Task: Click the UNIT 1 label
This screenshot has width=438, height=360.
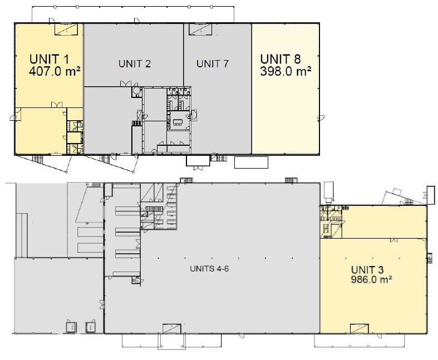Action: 49,59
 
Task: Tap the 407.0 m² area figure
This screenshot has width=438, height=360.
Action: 55,71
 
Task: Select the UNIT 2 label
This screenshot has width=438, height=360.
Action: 134,64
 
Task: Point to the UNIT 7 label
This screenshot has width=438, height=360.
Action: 212,64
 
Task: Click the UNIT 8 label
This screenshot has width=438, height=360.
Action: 280,59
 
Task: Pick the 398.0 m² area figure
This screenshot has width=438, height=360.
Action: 286,71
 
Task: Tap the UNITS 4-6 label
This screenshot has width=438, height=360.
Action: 209,269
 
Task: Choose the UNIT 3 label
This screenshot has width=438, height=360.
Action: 367,270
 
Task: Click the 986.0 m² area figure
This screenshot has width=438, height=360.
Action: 371,279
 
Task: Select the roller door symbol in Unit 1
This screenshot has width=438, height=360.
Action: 66,29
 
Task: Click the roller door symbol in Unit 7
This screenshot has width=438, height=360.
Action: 200,29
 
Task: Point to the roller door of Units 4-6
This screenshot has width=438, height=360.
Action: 171,329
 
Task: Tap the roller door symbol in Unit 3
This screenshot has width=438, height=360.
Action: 360,329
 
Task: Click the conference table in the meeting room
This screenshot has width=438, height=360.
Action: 178,122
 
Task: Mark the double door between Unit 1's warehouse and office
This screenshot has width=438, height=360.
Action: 57,105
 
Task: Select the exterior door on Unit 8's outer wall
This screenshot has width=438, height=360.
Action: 321,117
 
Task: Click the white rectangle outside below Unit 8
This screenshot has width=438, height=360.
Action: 251,162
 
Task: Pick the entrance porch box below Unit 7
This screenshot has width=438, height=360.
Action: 198,161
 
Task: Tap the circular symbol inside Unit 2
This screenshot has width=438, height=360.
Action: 136,90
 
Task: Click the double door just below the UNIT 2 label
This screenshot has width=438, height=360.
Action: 125,83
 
